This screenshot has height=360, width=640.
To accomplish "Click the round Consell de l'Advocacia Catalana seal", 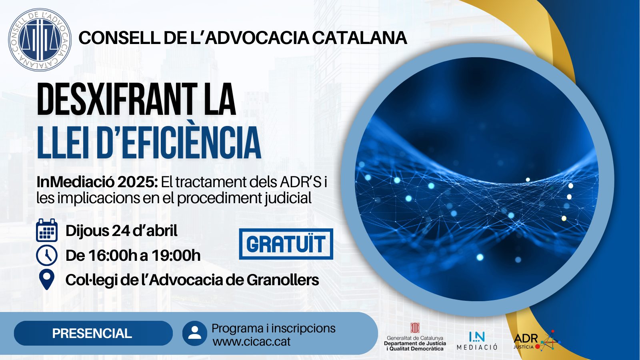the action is [x=40, y=40].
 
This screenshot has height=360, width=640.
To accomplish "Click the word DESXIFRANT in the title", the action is [x=117, y=99].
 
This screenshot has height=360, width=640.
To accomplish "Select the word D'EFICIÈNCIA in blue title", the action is [x=179, y=142].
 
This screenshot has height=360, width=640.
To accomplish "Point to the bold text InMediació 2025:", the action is [x=97, y=182].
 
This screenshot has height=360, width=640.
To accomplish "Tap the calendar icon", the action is [x=47, y=230].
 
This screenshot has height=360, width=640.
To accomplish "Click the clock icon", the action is [x=47, y=255].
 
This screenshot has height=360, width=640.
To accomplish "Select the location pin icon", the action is [x=46, y=280].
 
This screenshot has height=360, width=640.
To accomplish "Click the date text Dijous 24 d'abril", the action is [x=122, y=231].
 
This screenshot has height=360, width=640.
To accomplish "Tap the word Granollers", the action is [x=283, y=280].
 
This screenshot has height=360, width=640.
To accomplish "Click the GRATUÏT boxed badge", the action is [x=286, y=244].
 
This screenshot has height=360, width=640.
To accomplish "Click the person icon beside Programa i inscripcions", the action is [x=195, y=333].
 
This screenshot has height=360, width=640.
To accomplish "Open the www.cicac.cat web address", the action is [x=252, y=342].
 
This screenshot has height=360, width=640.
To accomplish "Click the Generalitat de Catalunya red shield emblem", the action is [x=415, y=328].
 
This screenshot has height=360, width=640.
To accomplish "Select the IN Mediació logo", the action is [x=477, y=340].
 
